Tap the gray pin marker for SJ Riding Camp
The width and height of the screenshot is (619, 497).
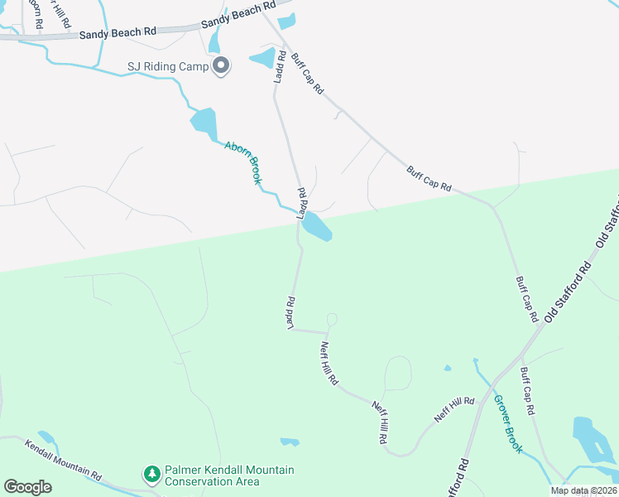221,65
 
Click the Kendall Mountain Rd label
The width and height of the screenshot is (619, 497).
63,460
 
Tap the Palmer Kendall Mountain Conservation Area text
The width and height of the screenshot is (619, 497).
228,475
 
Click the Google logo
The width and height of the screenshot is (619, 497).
28,487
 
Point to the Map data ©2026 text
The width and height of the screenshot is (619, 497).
583,490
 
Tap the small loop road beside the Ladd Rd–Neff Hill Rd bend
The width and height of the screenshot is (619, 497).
332,320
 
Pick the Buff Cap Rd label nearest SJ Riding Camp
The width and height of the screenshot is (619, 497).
306,73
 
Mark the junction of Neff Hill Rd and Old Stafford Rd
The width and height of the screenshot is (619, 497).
482,398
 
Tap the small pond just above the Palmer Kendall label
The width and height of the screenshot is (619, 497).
290,442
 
